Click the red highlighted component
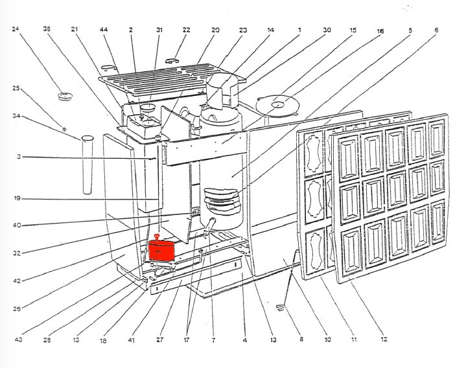pos(161,251)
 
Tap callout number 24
pos(16,29)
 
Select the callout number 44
pos(104,29)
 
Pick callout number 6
pos(436,30)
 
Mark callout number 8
pos(300,339)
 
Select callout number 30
pos(327,29)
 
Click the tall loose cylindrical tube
pos(88,165)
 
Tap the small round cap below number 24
pos(64,97)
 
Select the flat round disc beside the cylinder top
pos(278,102)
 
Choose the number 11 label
pos(354,339)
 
